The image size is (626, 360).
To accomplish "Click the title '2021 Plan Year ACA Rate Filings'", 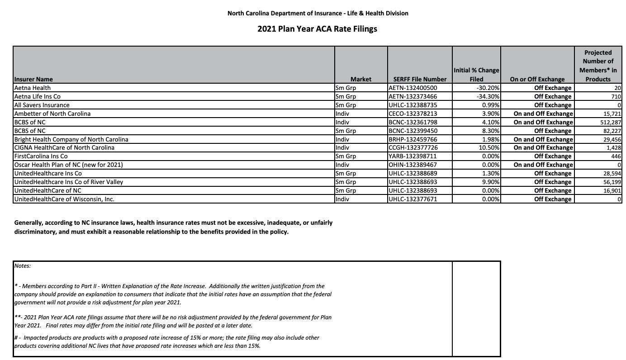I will (x=317, y=29).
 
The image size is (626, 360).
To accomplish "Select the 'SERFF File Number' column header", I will (x=419, y=79).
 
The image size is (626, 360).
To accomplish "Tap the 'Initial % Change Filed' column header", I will (x=476, y=75).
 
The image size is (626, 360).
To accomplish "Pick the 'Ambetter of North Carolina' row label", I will (x=52, y=114).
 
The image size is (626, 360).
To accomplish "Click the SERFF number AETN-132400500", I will (x=413, y=88).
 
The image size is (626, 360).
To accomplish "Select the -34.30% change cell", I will (x=488, y=96).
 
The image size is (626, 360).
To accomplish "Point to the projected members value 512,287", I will (x=609, y=122).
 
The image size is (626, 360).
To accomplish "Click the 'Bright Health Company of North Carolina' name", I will (x=71, y=139).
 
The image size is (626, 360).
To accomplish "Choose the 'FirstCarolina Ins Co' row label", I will (x=41, y=156).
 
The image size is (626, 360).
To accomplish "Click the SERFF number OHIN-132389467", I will (x=413, y=165).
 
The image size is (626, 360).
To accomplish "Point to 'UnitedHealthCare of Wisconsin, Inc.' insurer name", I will (x=64, y=199).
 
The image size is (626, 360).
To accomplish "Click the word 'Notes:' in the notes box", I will (x=23, y=266).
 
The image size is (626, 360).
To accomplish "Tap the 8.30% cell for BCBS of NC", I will (x=490, y=131).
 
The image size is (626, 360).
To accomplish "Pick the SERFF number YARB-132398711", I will (x=413, y=156).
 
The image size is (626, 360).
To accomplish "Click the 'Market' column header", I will (x=360, y=79).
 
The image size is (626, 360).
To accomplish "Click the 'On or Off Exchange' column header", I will (x=537, y=79).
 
